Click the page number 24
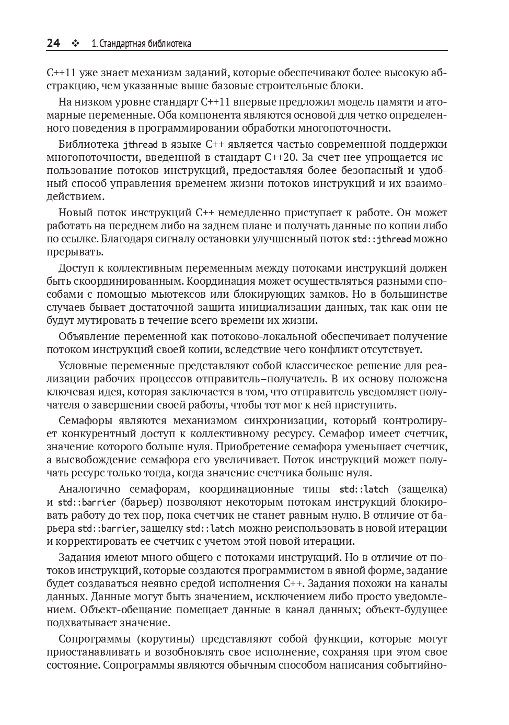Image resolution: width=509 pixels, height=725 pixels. pos(53,43)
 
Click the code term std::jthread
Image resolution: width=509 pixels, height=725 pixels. pos(381,239)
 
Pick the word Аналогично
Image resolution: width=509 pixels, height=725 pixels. pos(88,489)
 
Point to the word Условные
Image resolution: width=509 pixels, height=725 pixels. pos(82,366)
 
